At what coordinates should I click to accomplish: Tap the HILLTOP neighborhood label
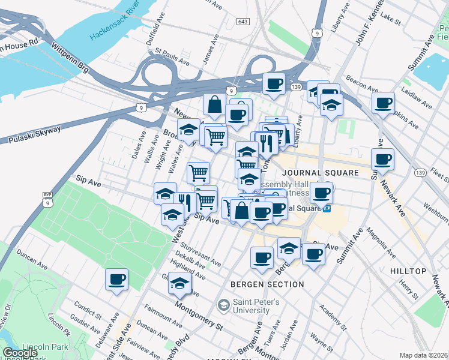408,271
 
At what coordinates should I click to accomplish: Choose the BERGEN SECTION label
267,284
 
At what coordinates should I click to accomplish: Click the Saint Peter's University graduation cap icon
223,305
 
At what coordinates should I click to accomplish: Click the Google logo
20,353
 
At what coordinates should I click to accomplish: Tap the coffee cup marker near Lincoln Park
116,279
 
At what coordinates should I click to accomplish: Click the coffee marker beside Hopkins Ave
383,103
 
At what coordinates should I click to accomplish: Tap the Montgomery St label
199,314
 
